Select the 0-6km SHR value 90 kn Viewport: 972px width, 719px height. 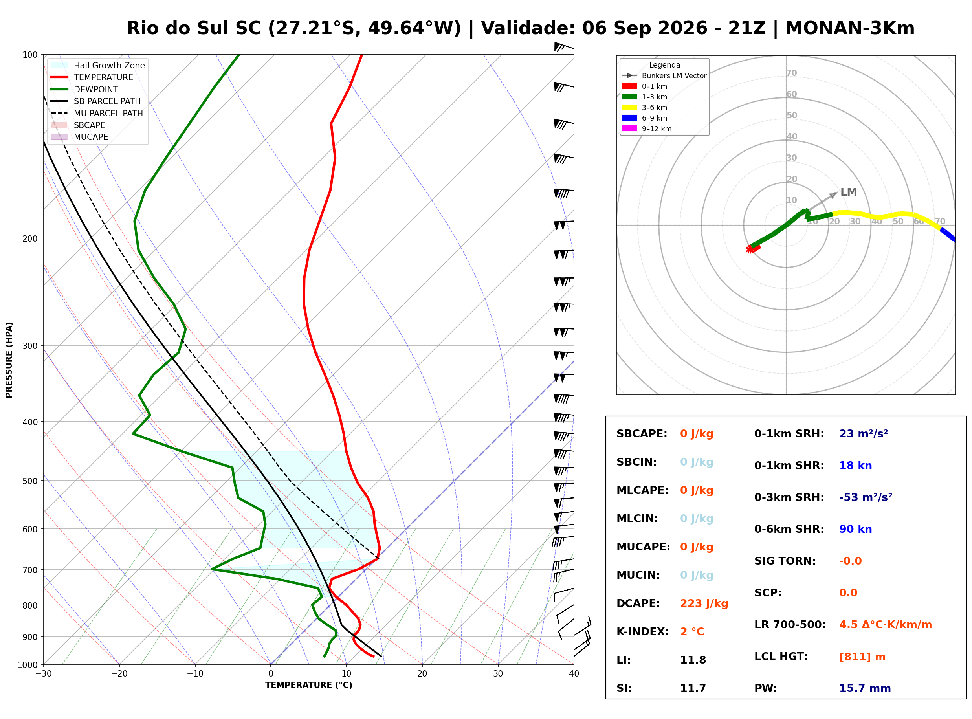click(855, 529)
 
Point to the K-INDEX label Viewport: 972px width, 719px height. click(643, 632)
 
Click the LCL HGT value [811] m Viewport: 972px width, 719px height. click(862, 657)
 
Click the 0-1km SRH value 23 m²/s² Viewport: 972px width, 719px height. click(864, 433)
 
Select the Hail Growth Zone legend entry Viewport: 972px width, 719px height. click(98, 65)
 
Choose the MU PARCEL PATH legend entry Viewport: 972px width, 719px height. click(97, 113)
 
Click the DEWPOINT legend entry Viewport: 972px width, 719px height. click(84, 89)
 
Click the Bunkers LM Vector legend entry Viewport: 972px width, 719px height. click(664, 76)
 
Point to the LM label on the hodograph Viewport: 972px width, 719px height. click(848, 192)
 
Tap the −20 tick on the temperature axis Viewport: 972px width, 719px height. click(119, 674)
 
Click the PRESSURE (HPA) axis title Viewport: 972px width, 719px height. click(9, 360)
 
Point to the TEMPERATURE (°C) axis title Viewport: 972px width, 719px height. click(309, 685)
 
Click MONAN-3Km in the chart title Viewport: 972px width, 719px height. click(850, 28)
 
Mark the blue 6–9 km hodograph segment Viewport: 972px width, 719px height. click(948, 235)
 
